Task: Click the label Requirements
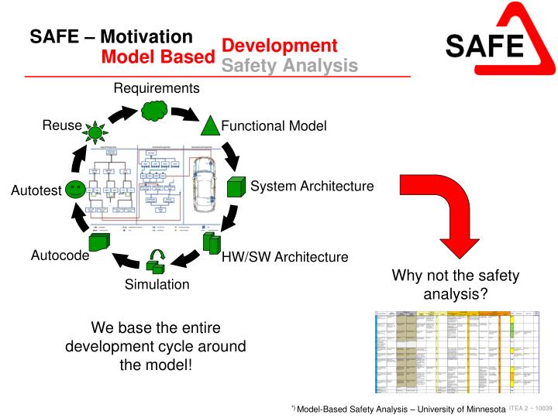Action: [157, 88]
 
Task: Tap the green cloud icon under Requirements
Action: [156, 111]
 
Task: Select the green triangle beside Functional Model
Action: [211, 125]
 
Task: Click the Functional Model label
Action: [274, 126]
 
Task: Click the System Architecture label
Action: [312, 187]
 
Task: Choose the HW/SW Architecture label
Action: [284, 257]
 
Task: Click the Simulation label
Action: [157, 285]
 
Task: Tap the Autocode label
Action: [60, 256]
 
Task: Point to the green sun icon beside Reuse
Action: [95, 132]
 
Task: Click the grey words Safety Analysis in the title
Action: [290, 67]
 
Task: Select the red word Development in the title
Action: [280, 46]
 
